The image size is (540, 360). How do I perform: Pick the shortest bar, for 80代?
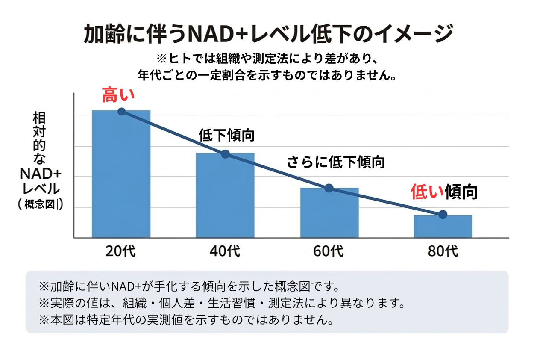click(443, 226)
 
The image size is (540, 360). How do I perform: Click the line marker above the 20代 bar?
click(121, 112)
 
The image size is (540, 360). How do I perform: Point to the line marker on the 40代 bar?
click(225, 154)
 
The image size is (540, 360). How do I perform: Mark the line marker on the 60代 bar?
click(329, 188)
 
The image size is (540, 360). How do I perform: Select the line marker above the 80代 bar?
click(443, 214)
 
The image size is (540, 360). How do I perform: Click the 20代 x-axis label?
click(121, 251)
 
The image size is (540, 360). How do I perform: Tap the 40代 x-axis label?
click(225, 251)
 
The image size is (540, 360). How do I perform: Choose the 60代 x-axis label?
click(328, 251)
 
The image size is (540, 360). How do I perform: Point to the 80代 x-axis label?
click(443, 251)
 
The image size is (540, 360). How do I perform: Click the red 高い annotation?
click(118, 95)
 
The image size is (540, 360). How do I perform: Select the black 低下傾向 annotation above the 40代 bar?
click(227, 135)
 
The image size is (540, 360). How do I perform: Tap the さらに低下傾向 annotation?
click(335, 162)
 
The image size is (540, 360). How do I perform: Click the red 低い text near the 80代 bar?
click(427, 192)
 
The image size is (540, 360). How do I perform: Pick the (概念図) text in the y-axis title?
click(41, 205)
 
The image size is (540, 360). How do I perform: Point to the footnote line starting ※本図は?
click(186, 319)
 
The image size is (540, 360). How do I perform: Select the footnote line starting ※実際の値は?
click(221, 303)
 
